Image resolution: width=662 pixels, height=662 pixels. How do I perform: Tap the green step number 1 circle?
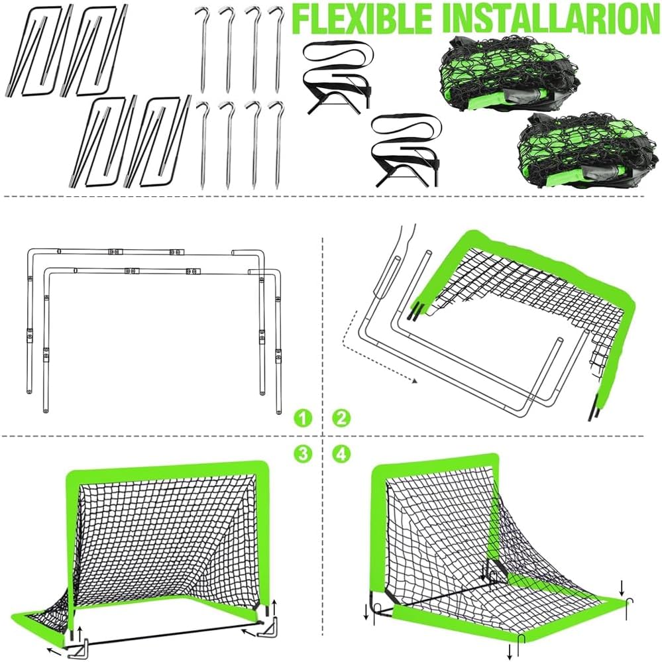click(303, 418)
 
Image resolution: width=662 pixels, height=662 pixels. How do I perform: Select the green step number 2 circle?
click(341, 418)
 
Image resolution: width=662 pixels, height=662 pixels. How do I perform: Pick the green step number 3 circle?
click(303, 454)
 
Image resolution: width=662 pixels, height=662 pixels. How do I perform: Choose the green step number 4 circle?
click(341, 454)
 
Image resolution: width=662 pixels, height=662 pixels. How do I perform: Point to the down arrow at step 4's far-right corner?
click(622, 586)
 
